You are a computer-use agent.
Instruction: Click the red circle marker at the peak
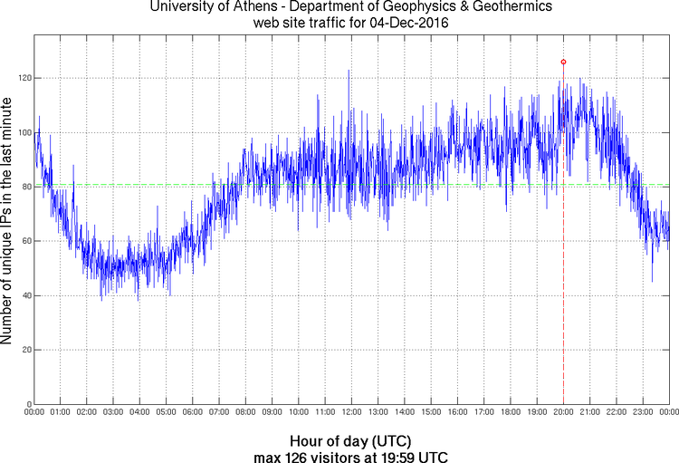pos(563,62)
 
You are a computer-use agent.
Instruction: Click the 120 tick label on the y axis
pos(23,79)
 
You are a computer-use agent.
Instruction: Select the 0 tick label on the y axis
pos(27,404)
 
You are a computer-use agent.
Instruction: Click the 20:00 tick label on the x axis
pos(563,412)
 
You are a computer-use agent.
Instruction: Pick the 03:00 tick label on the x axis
pos(113,412)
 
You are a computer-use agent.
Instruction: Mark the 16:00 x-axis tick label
pos(457,412)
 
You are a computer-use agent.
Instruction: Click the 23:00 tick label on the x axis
pos(642,412)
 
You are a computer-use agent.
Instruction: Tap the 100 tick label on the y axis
pos(23,133)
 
